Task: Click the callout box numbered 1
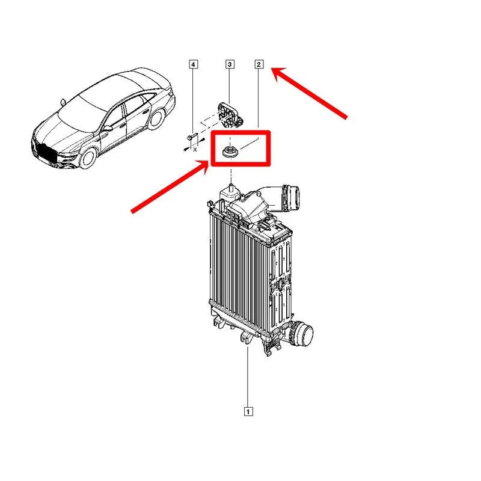248,411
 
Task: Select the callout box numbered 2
259,64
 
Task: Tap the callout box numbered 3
230,64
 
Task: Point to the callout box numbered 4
193,64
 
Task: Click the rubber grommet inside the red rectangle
229,152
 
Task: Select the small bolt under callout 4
191,137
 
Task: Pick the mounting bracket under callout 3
230,115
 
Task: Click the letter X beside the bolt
195,150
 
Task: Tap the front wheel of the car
88,158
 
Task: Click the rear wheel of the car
157,119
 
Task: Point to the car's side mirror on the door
108,128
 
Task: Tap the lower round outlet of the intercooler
302,334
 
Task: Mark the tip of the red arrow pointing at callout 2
271,69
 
